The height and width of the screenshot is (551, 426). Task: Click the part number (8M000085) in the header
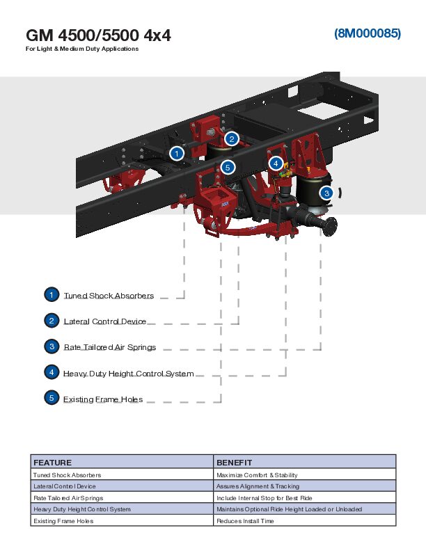367,33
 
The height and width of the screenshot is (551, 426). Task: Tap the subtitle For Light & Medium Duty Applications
82,49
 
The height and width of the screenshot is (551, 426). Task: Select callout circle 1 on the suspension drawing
177,153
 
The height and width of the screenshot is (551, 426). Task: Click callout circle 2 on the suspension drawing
232,138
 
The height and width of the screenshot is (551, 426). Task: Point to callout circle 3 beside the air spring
326,193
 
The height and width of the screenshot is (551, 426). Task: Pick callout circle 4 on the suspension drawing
276,163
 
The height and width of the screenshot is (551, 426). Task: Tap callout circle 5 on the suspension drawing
227,167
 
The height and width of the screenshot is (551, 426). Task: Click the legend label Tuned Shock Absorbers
109,296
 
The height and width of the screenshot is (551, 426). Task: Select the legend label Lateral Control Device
105,321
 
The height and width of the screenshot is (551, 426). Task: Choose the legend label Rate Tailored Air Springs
109,347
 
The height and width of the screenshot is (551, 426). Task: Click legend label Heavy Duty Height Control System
128,374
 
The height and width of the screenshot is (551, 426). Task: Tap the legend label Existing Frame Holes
103,399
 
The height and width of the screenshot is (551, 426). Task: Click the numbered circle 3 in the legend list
52,346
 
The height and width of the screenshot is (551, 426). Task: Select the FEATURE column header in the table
53,462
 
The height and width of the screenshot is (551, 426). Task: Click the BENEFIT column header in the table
234,462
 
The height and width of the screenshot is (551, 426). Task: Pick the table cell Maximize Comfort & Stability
257,474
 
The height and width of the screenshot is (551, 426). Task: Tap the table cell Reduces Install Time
245,521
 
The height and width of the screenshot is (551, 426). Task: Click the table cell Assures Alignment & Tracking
258,486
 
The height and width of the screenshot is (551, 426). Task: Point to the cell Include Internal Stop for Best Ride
264,498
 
